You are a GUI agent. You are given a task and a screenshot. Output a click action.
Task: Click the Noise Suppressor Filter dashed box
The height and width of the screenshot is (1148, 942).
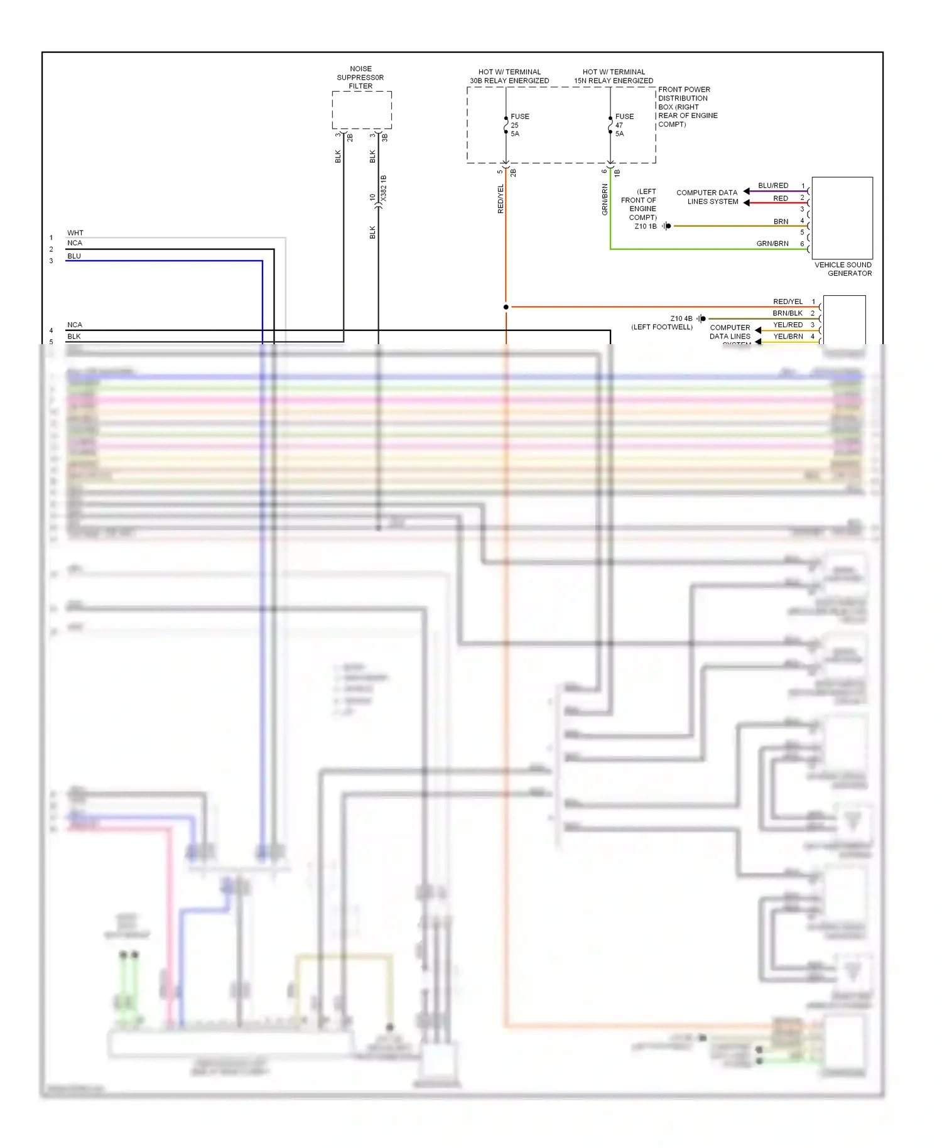(x=362, y=110)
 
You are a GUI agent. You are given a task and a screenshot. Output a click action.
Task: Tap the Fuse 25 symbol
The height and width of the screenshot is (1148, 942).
(x=506, y=125)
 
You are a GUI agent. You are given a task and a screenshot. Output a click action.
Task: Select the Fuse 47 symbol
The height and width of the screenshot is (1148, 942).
(x=610, y=125)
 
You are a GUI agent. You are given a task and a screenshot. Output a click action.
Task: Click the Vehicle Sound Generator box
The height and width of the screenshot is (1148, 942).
(x=842, y=217)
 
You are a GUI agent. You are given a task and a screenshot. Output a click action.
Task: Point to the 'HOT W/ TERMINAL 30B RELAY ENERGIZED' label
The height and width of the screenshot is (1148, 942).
(x=509, y=77)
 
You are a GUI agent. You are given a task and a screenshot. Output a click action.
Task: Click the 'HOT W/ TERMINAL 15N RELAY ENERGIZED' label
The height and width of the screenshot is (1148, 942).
(x=614, y=77)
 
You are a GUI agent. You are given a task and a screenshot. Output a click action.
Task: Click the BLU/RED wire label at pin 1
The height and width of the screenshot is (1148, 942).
(x=772, y=186)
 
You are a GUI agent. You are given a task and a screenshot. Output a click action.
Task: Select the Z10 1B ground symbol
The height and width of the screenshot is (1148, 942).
(x=667, y=226)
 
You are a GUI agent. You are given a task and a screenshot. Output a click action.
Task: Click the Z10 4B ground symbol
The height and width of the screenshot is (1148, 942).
(x=701, y=319)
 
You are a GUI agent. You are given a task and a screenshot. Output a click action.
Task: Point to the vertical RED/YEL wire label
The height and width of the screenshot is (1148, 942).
(x=501, y=198)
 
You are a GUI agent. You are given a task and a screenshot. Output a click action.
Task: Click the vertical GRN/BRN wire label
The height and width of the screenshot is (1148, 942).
(x=605, y=200)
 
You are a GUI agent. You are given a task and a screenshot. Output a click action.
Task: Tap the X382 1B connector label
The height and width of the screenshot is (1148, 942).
(x=384, y=188)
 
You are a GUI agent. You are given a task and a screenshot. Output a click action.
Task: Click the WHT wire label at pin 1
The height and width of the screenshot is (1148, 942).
(x=75, y=233)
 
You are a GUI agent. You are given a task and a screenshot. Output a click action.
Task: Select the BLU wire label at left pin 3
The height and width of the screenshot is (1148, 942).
(x=74, y=256)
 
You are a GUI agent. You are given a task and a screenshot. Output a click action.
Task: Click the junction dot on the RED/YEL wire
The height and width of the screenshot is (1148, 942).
(x=506, y=307)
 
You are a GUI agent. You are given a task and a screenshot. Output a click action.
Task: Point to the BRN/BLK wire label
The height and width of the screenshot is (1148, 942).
(x=788, y=313)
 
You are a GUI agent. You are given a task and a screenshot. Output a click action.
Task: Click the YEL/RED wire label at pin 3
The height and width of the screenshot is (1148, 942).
(x=788, y=325)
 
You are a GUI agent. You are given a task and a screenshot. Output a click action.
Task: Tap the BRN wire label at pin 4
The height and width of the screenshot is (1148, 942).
(x=781, y=222)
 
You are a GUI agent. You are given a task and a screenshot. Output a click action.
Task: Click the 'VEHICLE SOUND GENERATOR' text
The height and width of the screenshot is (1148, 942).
(x=843, y=269)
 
